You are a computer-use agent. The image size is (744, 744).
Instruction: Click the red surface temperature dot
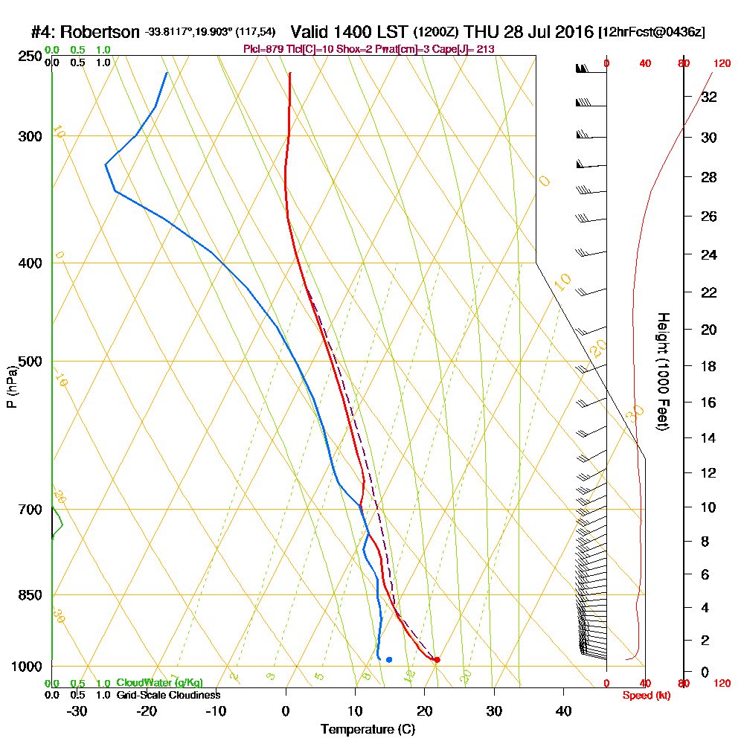437,660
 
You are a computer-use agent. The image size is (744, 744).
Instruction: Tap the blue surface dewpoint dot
389,660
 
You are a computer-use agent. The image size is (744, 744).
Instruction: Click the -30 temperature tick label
77,711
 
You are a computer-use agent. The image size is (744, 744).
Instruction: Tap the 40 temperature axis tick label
563,711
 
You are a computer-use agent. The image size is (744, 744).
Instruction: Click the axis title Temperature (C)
368,730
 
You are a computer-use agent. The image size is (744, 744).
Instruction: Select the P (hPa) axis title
12,386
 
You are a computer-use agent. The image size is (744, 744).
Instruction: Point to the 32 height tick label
709,97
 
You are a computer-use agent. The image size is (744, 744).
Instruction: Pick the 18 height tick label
709,366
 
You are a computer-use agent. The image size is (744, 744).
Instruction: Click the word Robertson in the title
99,33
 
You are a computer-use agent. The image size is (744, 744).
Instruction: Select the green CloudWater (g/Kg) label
159,683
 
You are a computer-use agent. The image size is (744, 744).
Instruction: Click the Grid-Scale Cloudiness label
167,695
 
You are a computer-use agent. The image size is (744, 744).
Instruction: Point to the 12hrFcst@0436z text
652,33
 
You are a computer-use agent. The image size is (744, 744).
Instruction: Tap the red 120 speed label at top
721,64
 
